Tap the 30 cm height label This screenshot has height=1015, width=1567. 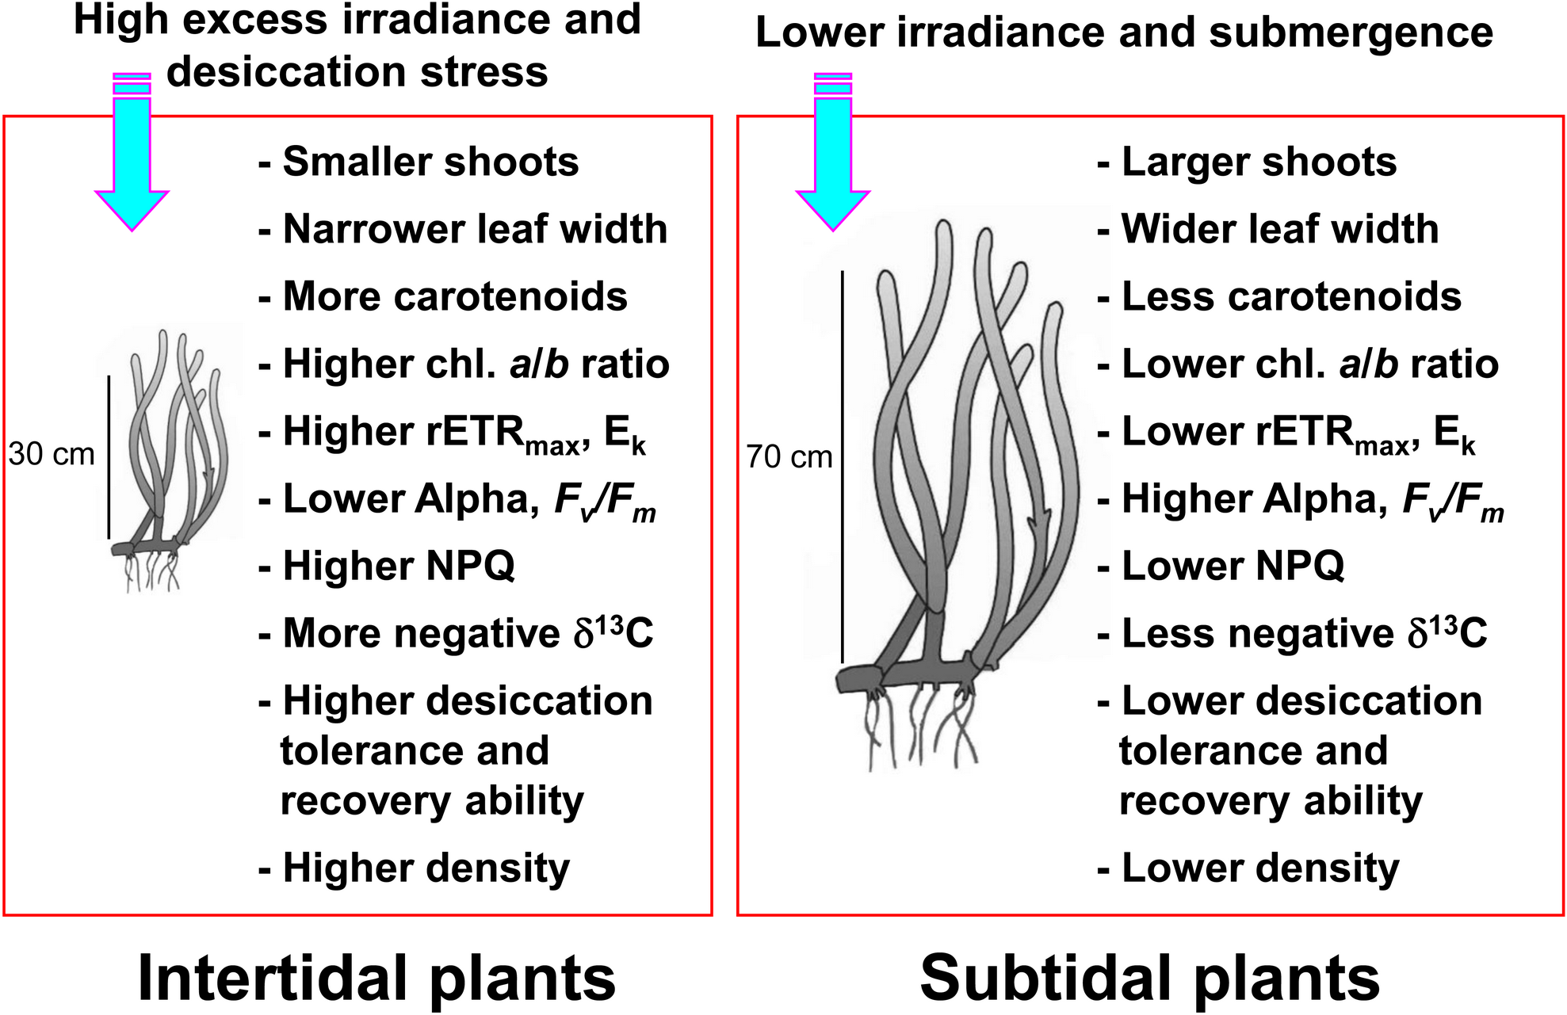coord(52,454)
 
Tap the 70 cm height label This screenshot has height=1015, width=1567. coord(789,457)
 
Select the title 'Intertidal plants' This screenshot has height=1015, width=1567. coord(376,978)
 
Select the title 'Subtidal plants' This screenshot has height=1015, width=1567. coord(1149,978)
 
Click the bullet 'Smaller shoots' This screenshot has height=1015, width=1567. coord(430,162)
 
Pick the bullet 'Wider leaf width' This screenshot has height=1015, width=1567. coord(1278,229)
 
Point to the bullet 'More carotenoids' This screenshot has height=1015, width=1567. coord(454,296)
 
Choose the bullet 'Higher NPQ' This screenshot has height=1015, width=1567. coord(398,566)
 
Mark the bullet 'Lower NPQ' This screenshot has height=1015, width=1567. coord(1232,566)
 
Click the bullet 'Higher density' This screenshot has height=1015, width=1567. coord(426,868)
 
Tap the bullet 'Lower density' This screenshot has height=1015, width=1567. coord(1259,868)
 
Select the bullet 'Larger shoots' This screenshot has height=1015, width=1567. coord(1258,162)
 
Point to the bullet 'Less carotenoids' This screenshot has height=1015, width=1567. coord(1290,296)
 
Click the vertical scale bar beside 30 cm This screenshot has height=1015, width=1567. coord(109,456)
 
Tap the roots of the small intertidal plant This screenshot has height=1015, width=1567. coord(152,574)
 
